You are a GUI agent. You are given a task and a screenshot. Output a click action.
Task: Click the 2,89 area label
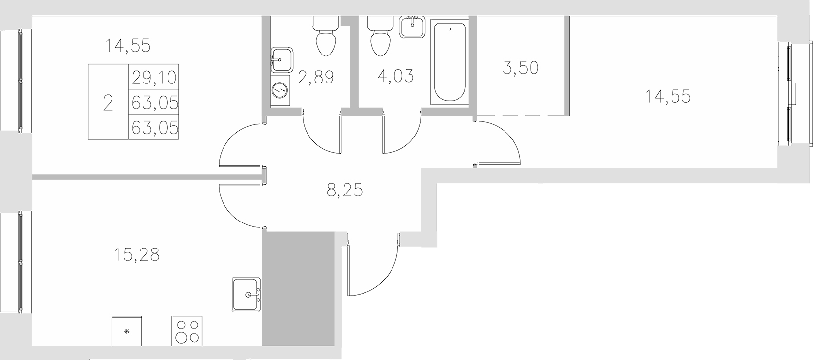[316, 78]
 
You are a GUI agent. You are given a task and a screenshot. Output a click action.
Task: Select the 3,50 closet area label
[520, 68]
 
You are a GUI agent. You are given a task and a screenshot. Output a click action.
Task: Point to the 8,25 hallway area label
[344, 189]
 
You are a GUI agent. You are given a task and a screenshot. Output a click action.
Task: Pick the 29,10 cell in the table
[153, 77]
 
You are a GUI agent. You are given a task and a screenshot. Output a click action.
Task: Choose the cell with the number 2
[108, 103]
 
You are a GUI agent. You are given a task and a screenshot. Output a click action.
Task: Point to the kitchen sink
[247, 294]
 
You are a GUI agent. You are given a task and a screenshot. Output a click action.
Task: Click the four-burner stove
[187, 331]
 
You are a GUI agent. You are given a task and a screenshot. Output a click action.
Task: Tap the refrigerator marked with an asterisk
[127, 331]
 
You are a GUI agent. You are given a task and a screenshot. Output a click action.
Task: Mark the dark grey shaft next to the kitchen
[298, 289]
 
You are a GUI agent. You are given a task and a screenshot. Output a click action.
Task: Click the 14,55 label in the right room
[668, 96]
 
